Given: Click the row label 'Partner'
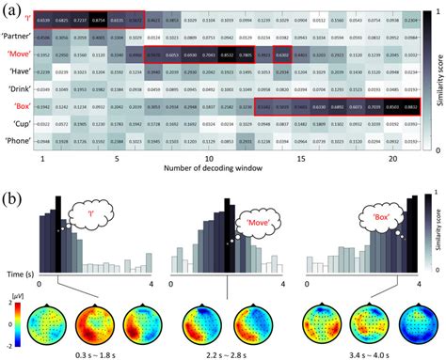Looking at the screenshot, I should tap(18, 39).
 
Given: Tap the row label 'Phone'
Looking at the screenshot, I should tap(18, 141).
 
